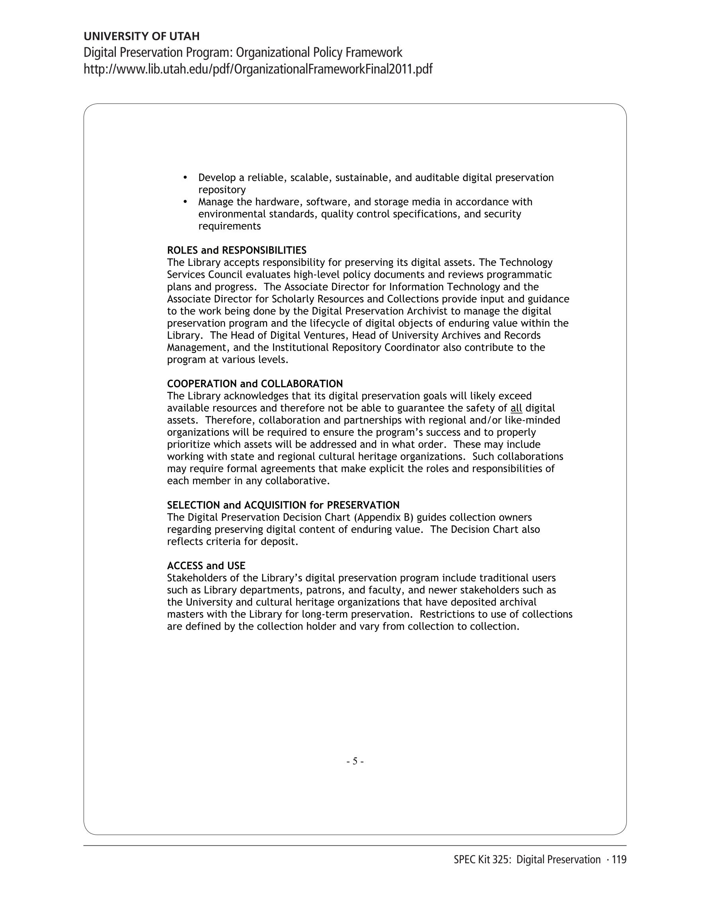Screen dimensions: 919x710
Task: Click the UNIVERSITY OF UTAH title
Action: tap(141, 36)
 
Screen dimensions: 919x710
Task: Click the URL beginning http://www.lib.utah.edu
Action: tap(257, 69)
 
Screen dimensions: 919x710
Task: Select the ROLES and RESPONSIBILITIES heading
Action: tap(236, 250)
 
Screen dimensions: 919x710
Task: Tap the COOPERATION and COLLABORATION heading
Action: tap(255, 384)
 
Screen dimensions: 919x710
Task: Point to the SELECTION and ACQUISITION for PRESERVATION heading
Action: tap(283, 505)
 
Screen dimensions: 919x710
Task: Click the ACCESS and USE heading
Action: tap(206, 566)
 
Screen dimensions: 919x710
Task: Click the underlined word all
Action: tap(516, 408)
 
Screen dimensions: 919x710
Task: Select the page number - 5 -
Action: tap(355, 761)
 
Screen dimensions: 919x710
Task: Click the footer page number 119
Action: tap(619, 860)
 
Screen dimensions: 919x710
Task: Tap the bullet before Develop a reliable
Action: tap(185, 178)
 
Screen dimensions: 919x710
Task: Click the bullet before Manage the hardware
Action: tap(185, 202)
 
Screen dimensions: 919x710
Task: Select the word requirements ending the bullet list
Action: tap(229, 226)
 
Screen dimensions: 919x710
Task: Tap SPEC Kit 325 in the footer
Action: tap(482, 860)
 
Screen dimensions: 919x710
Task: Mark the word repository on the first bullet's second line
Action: tap(222, 190)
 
